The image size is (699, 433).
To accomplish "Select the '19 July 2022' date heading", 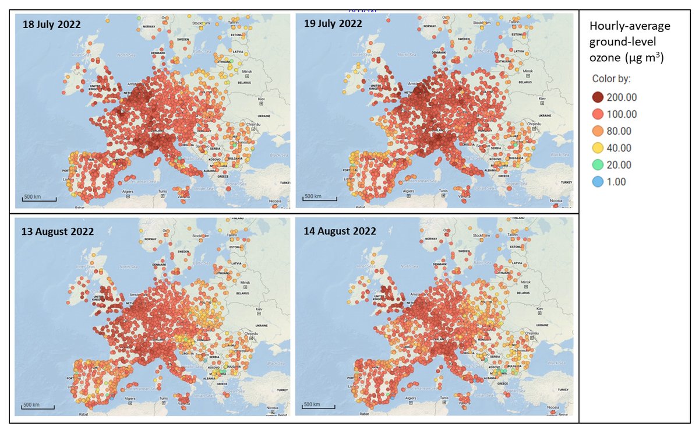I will click(333, 24).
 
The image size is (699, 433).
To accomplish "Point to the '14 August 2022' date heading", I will click(340, 231).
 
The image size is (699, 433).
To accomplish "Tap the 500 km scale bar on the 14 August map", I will click(319, 405).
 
